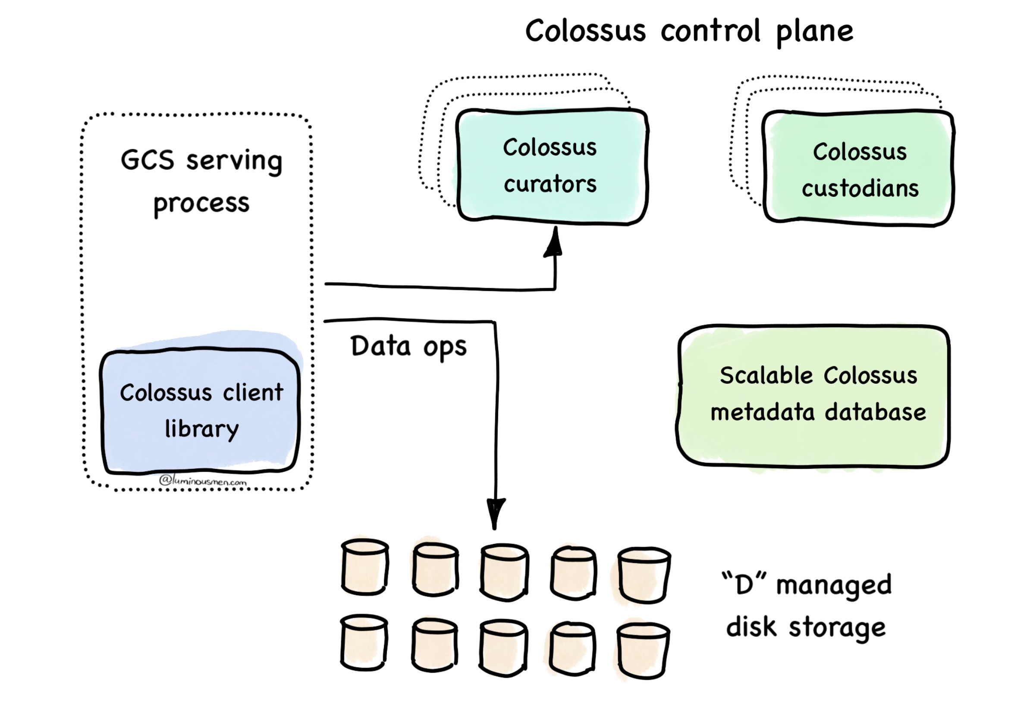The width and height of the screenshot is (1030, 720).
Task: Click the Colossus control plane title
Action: pyautogui.click(x=689, y=32)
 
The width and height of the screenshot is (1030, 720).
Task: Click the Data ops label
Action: pyautogui.click(x=408, y=347)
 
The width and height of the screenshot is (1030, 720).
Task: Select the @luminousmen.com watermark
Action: pyautogui.click(x=203, y=481)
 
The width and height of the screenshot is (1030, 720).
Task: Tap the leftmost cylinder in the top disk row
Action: pyautogui.click(x=365, y=567)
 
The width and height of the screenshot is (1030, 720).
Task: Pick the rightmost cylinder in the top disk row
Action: pyautogui.click(x=644, y=575)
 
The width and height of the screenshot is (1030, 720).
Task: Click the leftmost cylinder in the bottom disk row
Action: pyautogui.click(x=364, y=643)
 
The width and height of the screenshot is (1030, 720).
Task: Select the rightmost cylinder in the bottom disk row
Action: pyautogui.click(x=643, y=650)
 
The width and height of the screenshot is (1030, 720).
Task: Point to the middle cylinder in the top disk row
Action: pyautogui.click(x=504, y=572)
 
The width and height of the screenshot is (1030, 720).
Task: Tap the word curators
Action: pyautogui.click(x=550, y=184)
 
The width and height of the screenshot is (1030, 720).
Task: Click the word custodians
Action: pyautogui.click(x=860, y=189)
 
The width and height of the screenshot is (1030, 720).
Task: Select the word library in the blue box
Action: pyautogui.click(x=201, y=429)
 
